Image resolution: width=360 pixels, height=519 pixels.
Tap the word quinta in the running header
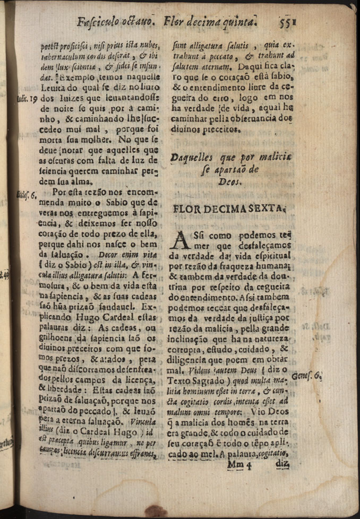pos(237,23)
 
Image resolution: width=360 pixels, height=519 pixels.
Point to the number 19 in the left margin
pos(31,99)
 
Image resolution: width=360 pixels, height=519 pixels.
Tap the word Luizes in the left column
pos(67,99)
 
